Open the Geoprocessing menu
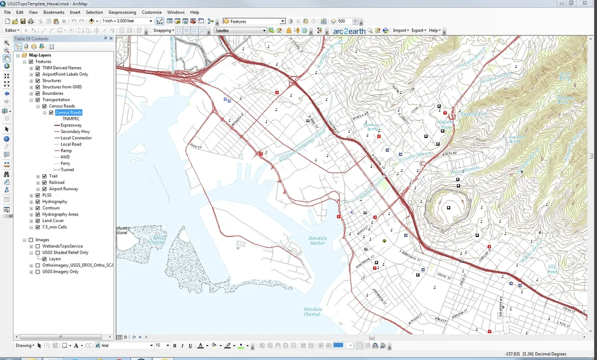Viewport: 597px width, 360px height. point(122,12)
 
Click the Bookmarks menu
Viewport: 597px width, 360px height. point(54,12)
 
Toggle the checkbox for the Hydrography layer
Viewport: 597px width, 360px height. point(38,202)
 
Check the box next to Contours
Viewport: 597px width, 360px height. point(38,208)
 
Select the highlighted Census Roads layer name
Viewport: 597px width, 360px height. point(69,112)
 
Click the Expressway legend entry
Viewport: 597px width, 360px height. point(71,125)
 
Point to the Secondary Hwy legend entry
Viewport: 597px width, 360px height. point(75,131)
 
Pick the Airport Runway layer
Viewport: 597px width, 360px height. point(63,189)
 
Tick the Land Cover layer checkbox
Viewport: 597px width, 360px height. point(38,221)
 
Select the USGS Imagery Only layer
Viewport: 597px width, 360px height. point(60,272)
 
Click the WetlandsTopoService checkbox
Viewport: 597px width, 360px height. point(38,246)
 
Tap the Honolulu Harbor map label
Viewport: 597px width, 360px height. point(317,241)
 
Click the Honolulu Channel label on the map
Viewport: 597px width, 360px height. point(312,312)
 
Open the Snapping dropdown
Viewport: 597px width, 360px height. point(163,30)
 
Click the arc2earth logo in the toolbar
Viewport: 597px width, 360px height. point(349,30)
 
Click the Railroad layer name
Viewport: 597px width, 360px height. point(57,183)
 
